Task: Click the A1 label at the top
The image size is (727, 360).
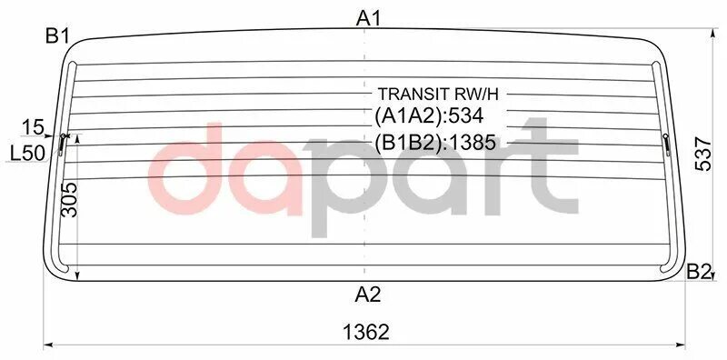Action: coord(368,16)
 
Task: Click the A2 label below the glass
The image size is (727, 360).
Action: coord(368,295)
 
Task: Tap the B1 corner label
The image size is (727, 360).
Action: coord(58,36)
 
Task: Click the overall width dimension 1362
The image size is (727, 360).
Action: coord(367,332)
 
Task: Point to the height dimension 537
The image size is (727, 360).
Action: coord(702,155)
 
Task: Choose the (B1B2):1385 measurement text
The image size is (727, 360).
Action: coord(436,143)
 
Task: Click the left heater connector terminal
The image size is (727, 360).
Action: coord(63,141)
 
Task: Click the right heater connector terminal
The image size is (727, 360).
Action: coord(666,141)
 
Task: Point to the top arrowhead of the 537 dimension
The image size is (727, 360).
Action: coord(712,33)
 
